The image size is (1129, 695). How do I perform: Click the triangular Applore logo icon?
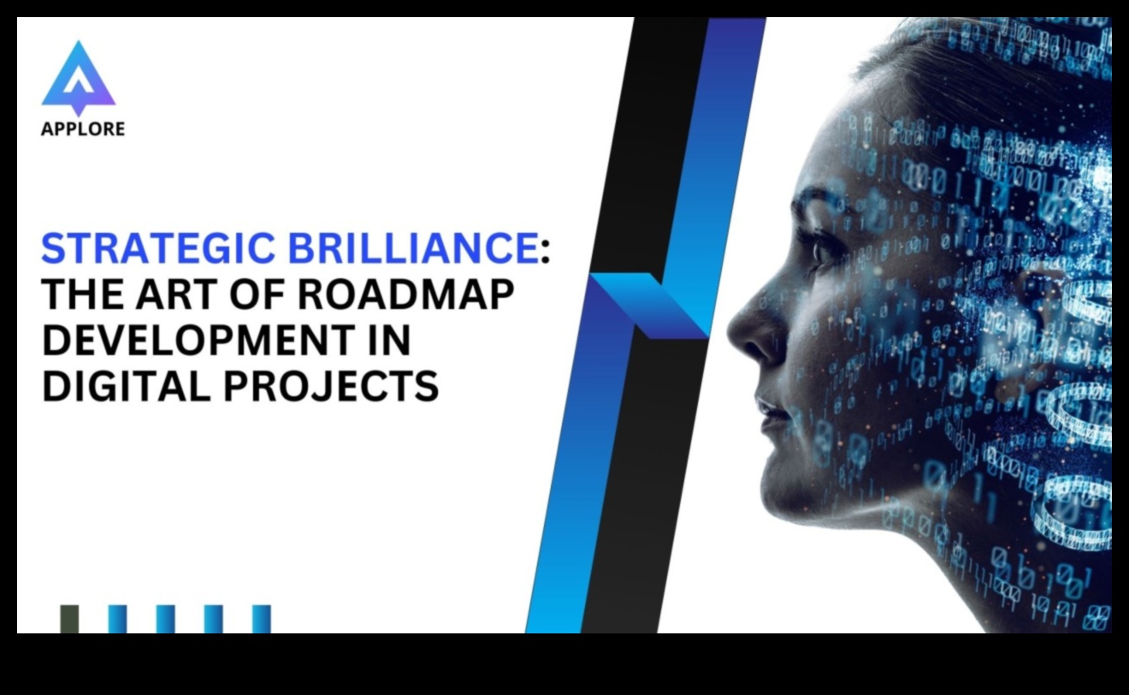click(x=79, y=77)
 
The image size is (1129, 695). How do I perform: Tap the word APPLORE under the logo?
click(x=83, y=129)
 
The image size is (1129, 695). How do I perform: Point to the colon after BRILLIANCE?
click(x=545, y=251)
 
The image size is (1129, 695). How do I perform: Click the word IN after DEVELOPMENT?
click(x=391, y=341)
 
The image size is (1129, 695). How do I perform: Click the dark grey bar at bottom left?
click(x=69, y=619)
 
